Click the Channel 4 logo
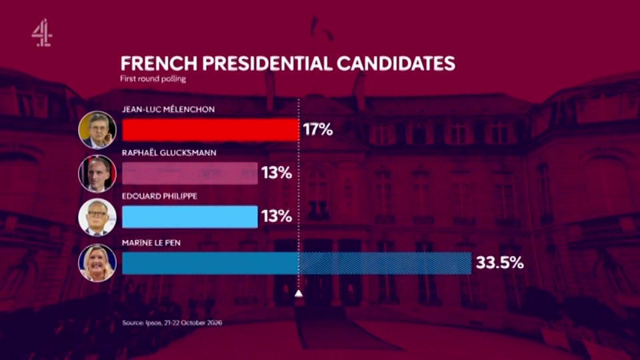coord(41,33)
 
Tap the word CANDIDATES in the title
coord(396,64)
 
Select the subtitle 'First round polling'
coord(153,79)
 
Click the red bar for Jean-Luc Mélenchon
coord(210,130)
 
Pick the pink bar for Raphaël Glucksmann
coord(190,173)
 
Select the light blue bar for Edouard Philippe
coord(190,217)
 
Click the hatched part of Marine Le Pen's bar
coord(385,263)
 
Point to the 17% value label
coord(318,130)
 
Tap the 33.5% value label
coord(499,263)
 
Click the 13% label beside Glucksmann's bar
coord(277,173)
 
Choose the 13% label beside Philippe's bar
coord(277,216)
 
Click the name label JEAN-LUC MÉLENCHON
coord(168,109)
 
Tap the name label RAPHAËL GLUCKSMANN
coord(169,153)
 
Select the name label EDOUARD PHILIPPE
coord(159,196)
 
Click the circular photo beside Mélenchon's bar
coord(97,130)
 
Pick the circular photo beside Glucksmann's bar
coord(97,173)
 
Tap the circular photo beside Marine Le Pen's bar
coord(97,263)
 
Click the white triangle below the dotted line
coord(299,293)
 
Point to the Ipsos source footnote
coord(172,323)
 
